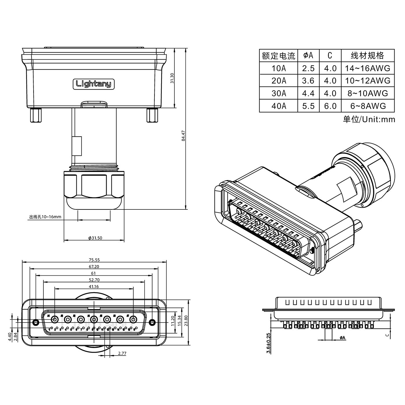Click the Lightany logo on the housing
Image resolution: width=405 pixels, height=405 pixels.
(93, 84)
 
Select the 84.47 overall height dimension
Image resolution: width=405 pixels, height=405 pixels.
(183, 136)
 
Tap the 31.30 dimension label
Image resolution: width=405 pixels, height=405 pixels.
(172, 78)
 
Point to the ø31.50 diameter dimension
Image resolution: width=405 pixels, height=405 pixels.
(95, 238)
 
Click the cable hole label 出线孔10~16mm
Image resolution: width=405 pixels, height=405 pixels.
(45, 217)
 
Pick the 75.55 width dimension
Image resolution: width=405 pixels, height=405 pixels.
(94, 260)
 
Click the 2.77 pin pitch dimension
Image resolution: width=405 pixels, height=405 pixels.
(122, 353)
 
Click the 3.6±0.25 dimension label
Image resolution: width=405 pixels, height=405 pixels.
(269, 343)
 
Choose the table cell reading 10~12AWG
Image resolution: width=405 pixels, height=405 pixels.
(368, 81)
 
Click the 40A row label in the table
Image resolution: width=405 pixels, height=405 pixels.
(279, 106)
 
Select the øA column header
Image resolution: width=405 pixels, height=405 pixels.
(308, 55)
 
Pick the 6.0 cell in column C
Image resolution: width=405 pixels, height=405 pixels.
(330, 106)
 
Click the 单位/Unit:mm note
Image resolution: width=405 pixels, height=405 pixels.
(369, 119)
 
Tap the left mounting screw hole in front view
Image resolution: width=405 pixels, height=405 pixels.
(36, 322)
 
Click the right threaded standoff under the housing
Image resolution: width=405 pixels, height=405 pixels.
(152, 115)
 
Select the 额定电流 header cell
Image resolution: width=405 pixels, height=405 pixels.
(279, 56)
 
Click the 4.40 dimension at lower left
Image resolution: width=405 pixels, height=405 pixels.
(9, 337)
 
